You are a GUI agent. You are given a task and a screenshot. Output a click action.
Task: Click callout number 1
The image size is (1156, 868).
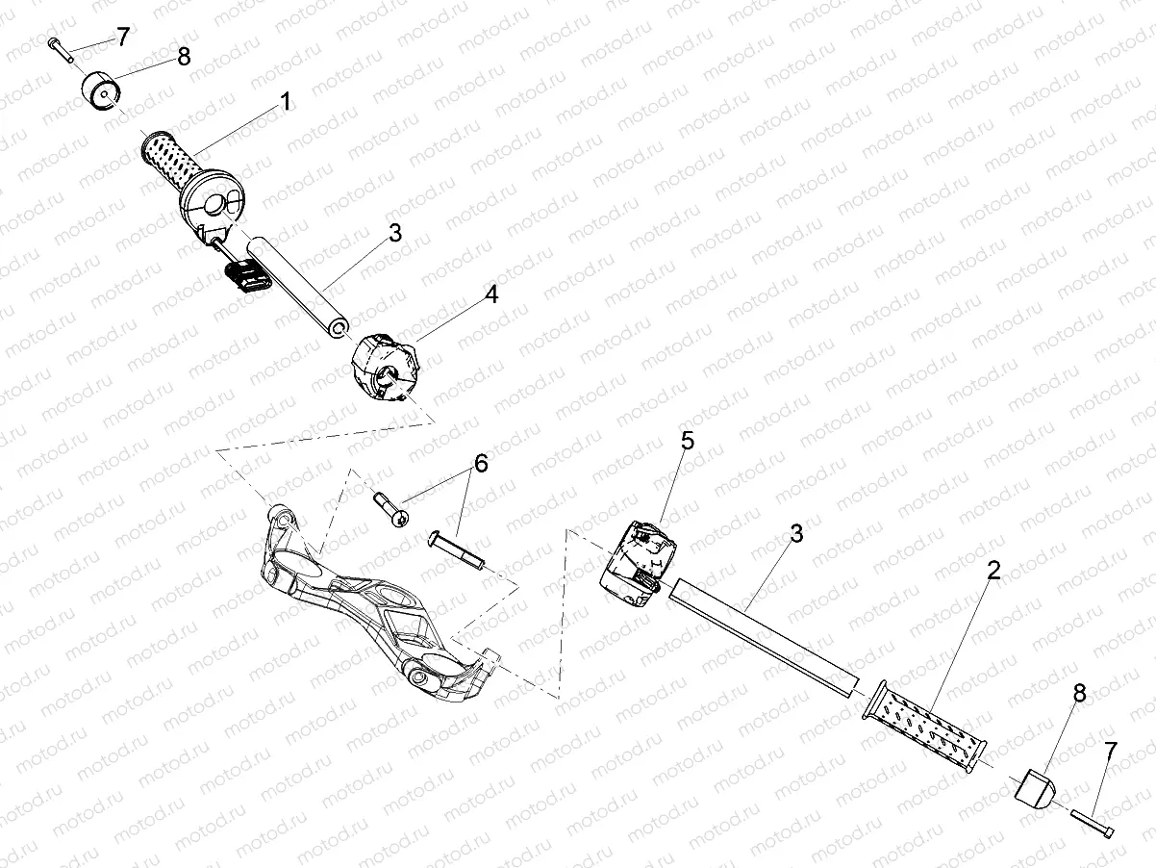(x=286, y=101)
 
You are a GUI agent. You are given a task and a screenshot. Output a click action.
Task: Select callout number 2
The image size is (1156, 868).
(x=993, y=569)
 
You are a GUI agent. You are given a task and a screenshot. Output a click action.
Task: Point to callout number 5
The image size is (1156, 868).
(x=687, y=441)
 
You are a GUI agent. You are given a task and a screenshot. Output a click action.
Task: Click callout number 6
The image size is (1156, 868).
(x=480, y=463)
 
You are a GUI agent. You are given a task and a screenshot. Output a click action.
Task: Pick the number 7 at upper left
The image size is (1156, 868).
(x=122, y=37)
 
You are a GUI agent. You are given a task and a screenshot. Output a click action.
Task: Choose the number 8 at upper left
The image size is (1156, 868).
(x=183, y=56)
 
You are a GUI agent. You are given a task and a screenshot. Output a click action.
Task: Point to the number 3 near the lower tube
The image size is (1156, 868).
(x=795, y=534)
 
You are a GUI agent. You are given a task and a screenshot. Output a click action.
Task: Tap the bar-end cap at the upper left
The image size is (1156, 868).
(x=99, y=92)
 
